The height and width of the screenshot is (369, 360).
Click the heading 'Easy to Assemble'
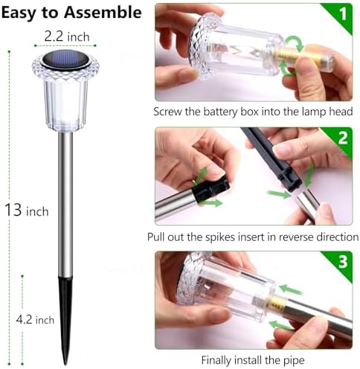click(71, 13)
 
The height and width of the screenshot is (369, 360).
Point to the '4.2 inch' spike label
click(36, 320)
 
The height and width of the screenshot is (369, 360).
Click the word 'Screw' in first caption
click(170, 113)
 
